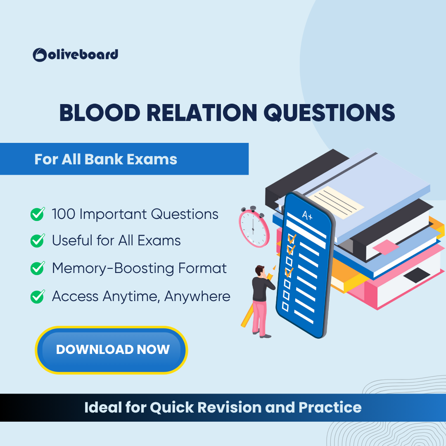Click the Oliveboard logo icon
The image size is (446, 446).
coord(40,55)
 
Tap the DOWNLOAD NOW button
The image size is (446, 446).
coord(111,350)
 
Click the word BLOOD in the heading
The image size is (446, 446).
coord(100,113)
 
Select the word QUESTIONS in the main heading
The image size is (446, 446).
coord(330,113)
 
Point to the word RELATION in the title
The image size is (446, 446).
coord(202,113)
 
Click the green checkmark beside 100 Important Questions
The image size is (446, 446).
coord(38,214)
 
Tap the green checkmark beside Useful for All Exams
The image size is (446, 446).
coord(38,241)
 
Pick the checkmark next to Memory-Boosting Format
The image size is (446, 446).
coord(38,268)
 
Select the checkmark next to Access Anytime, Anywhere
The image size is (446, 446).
coord(38,297)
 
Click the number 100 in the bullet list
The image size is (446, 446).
coord(64,214)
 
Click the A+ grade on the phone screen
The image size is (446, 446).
coord(307,215)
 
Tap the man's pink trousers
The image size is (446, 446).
coord(260,317)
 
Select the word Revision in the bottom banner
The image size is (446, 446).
coord(229,407)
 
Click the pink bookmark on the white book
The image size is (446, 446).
coord(385,247)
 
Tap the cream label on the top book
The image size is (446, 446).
coord(336,202)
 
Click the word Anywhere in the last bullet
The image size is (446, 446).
coord(197,297)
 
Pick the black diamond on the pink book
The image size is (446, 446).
coord(417,275)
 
